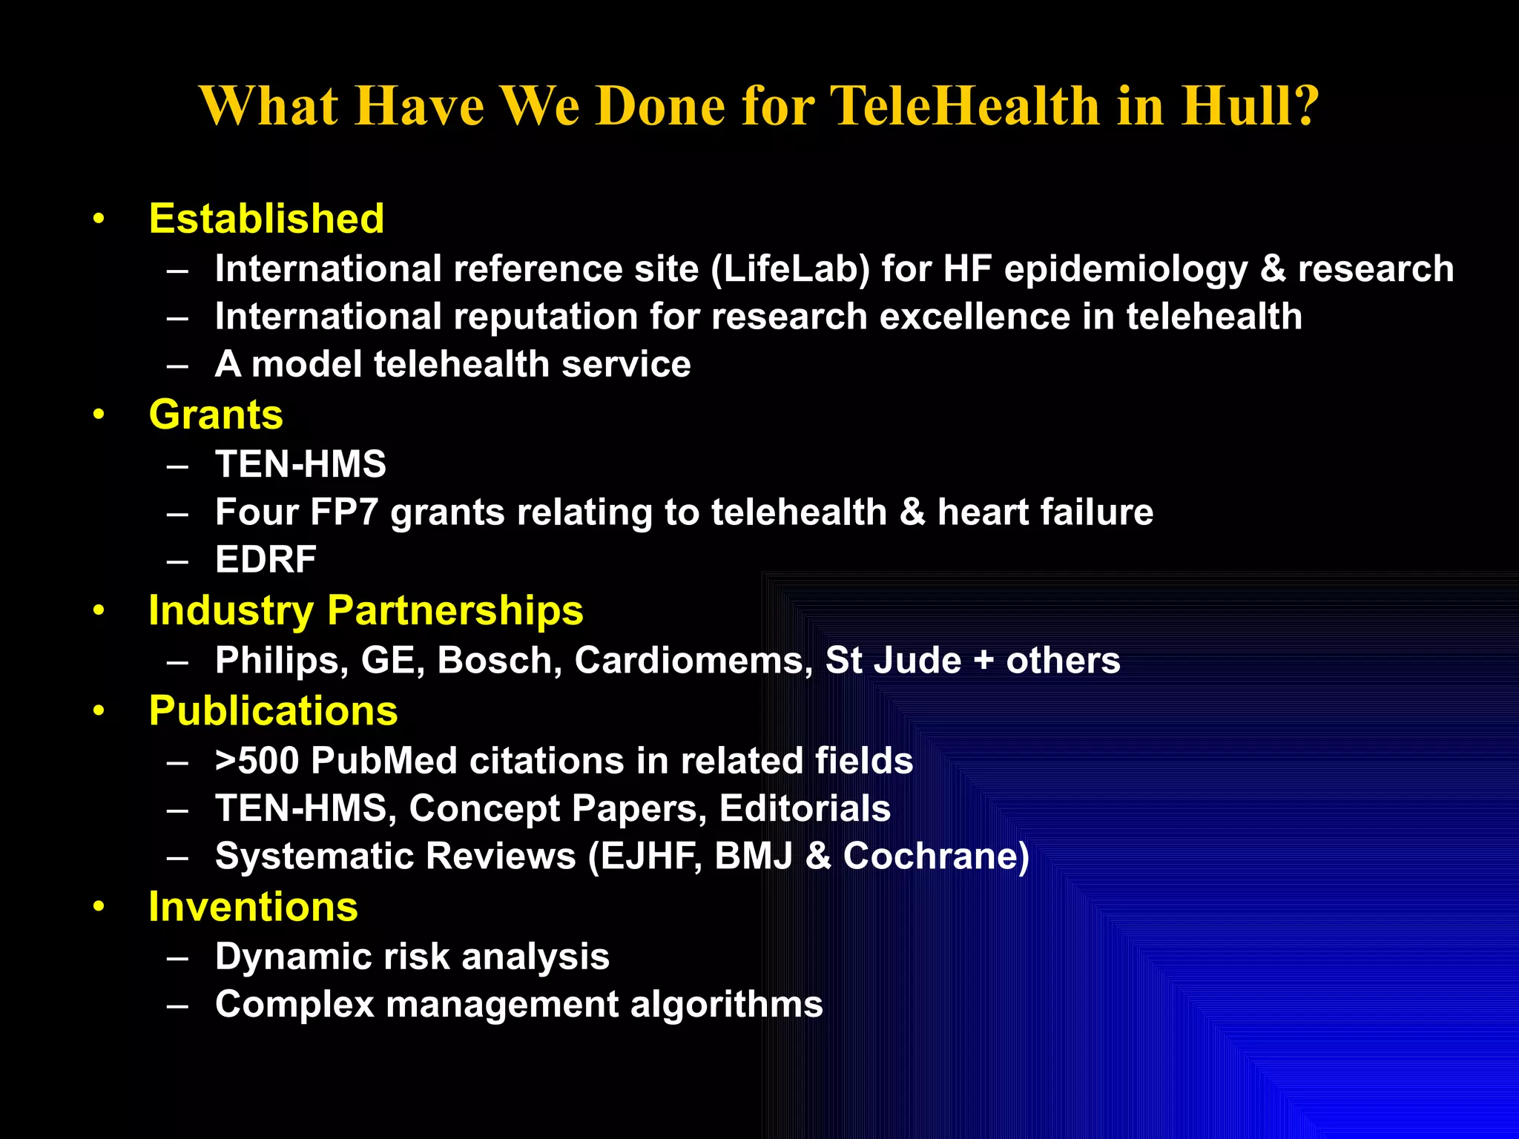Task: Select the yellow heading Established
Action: click(x=266, y=219)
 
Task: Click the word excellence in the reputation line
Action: click(x=974, y=317)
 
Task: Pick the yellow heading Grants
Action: click(x=216, y=415)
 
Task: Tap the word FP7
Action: click(x=344, y=512)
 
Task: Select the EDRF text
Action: click(x=266, y=560)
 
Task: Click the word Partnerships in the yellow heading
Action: click(x=455, y=612)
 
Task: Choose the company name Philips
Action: click(x=281, y=661)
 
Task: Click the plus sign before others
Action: click(x=983, y=661)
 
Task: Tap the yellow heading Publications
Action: click(x=273, y=711)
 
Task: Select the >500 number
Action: click(x=257, y=761)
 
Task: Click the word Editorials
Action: click(x=805, y=808)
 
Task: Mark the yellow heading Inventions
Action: click(x=253, y=907)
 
